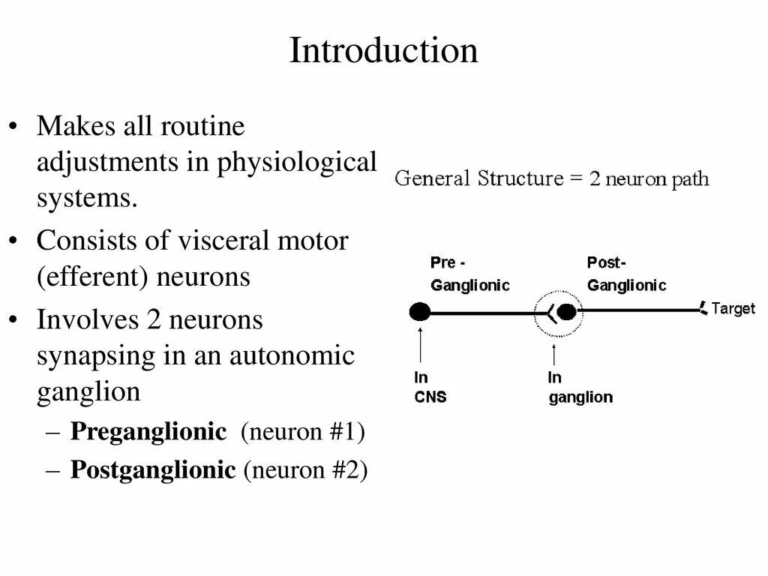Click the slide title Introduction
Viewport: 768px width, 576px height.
[383, 51]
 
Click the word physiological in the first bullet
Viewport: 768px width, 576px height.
[297, 163]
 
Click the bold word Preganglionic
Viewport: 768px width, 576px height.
[148, 432]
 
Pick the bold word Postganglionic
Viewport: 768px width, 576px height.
[152, 470]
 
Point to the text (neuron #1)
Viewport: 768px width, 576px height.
[302, 432]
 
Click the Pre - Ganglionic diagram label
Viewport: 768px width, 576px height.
[469, 274]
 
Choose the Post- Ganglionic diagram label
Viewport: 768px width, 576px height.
[626, 274]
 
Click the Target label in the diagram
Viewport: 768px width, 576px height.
[733, 308]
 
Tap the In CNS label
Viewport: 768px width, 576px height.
[430, 387]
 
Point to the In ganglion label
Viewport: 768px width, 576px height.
[580, 388]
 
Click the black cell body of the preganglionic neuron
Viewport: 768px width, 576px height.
[420, 311]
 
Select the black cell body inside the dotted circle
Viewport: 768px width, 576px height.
[568, 311]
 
